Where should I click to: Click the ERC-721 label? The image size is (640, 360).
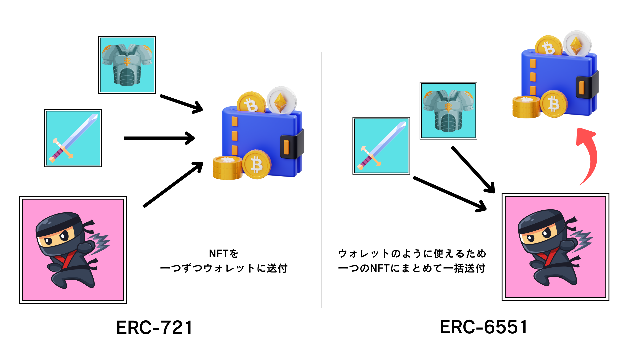[x=154, y=327]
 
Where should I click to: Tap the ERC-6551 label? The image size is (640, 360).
[x=483, y=327]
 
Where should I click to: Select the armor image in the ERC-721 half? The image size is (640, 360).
[x=127, y=65]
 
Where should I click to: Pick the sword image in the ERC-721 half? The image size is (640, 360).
[x=73, y=138]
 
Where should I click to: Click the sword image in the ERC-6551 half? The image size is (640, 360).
[x=381, y=146]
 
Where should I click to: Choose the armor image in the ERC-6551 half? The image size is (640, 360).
[x=448, y=111]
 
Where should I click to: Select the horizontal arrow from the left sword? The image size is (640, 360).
[x=159, y=138]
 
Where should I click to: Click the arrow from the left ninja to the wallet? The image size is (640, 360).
[x=173, y=184]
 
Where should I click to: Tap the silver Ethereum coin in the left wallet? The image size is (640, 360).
[x=281, y=100]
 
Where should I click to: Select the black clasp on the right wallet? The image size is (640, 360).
[x=586, y=86]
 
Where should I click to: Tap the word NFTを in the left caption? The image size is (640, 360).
[x=224, y=254]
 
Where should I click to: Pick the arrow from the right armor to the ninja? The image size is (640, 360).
[x=473, y=169]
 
